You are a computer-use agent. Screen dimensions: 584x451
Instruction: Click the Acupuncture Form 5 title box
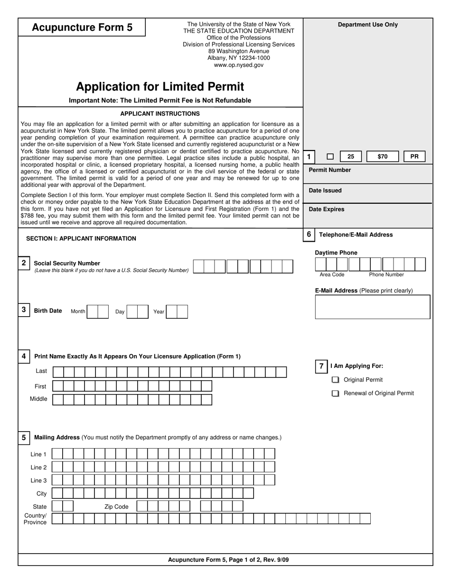click(82, 27)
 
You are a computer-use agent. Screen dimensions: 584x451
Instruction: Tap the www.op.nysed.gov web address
click(238, 65)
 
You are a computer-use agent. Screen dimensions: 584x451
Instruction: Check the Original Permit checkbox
click(336, 380)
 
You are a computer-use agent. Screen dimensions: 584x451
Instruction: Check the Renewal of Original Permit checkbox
click(336, 393)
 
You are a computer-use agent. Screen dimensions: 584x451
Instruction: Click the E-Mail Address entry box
click(372, 307)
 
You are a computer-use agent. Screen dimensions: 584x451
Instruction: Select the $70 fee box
click(382, 156)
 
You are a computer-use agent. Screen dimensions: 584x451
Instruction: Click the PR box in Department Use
click(414, 156)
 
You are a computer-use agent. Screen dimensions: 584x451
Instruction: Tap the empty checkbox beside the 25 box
click(330, 156)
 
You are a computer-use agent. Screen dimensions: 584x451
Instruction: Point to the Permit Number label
click(330, 170)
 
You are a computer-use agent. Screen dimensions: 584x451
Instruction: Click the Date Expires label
click(327, 209)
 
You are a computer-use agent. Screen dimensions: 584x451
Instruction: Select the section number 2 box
click(24, 263)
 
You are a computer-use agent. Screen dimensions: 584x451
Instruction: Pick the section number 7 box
click(321, 366)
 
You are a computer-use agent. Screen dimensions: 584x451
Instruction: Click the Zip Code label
click(116, 507)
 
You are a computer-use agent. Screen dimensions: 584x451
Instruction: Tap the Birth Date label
click(48, 311)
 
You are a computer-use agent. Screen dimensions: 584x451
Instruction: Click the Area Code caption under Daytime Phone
click(332, 274)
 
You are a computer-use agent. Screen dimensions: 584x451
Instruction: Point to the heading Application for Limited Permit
click(160, 86)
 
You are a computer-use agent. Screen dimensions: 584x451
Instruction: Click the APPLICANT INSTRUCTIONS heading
click(160, 113)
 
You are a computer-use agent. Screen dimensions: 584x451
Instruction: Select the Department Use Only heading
click(368, 25)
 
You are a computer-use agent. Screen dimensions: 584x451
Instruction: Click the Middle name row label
click(38, 399)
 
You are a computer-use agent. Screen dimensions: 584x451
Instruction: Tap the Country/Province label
click(35, 519)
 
